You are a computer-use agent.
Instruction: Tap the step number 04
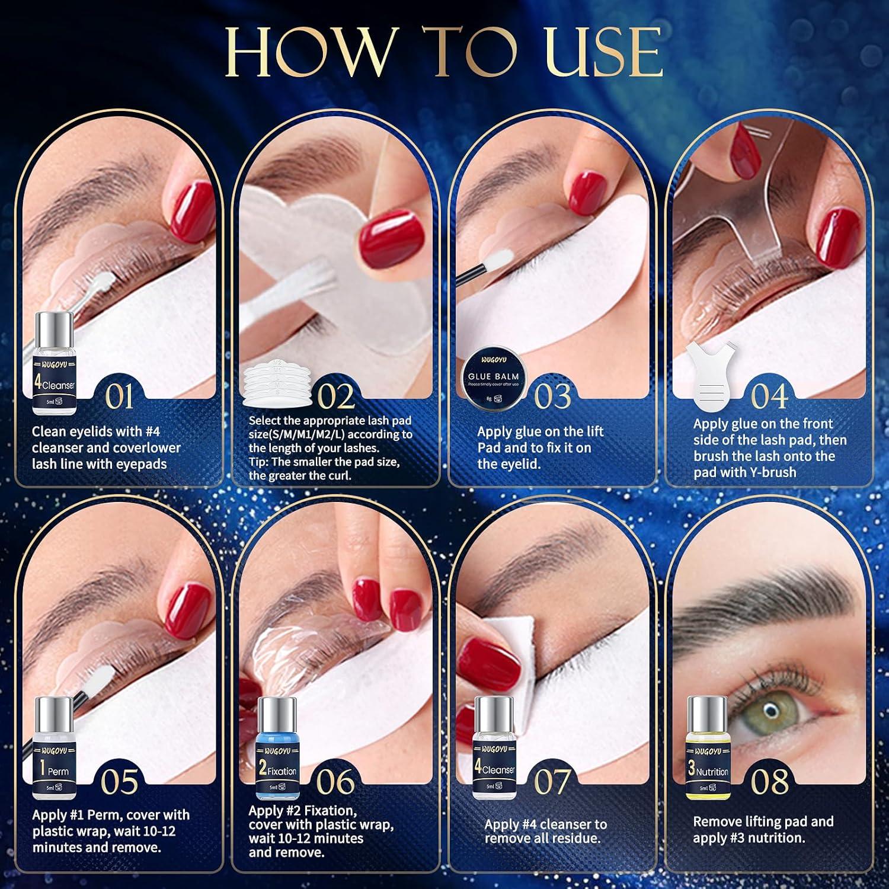(x=769, y=396)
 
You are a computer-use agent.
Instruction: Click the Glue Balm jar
(x=493, y=378)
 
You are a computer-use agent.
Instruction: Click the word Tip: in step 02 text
(x=261, y=462)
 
